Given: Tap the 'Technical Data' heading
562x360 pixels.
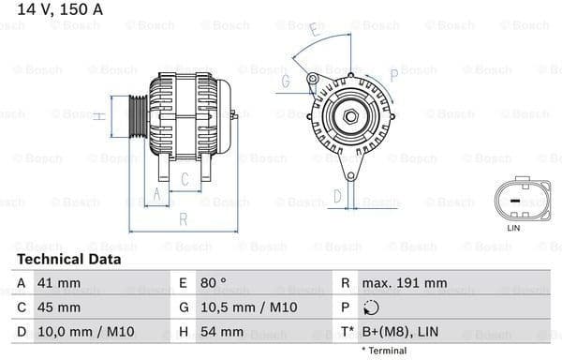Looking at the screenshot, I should coord(68,259).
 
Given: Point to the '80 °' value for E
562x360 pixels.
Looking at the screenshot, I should coord(213,283).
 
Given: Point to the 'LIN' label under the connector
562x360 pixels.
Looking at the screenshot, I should coord(513,228).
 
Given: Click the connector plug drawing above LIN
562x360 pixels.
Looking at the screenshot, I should coord(513,199).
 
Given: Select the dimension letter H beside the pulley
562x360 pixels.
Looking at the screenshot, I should coord(98,116).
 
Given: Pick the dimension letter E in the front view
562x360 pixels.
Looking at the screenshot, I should coord(314,34).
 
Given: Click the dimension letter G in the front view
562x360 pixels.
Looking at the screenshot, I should coord(284,82).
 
